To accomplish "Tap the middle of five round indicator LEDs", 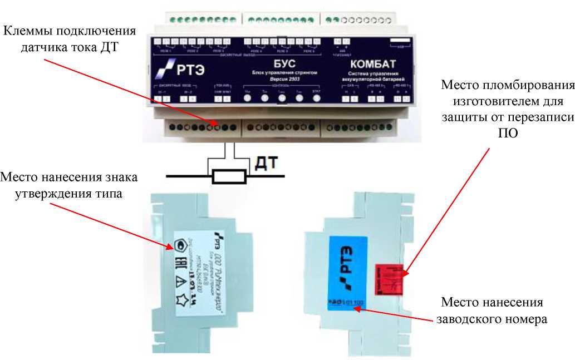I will pos(282,98).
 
